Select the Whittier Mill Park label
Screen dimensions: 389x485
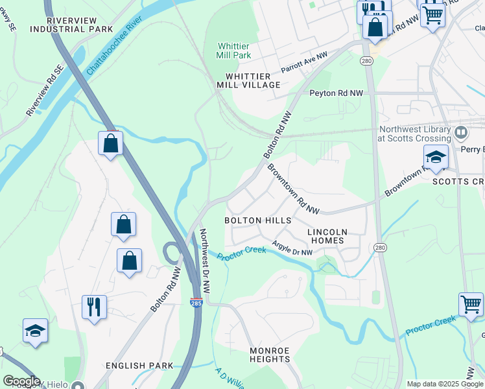[233, 51]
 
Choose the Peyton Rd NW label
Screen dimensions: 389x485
[333, 93]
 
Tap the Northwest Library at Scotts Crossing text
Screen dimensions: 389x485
[415, 134]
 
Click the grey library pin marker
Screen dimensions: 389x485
[462, 134]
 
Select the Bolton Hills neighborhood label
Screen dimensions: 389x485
[257, 220]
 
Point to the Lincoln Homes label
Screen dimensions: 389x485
[327, 236]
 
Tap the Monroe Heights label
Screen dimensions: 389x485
[269, 355]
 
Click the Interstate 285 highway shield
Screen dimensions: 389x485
[195, 303]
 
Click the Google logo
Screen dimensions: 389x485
[21, 381]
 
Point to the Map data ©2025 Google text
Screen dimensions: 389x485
[444, 384]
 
